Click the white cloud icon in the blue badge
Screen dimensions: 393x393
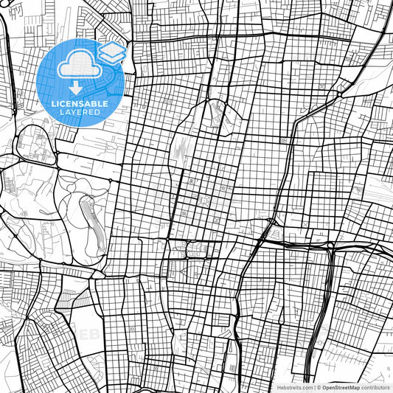[x=80, y=66]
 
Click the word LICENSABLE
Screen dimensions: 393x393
[x=80, y=104]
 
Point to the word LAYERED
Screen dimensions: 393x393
[x=80, y=112]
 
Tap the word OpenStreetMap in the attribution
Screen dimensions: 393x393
[x=340, y=387]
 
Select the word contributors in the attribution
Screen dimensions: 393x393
[x=375, y=387]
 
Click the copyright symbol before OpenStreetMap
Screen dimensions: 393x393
[x=318, y=387]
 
